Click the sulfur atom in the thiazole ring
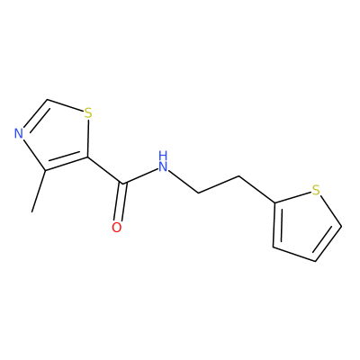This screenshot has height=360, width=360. pos(87,113)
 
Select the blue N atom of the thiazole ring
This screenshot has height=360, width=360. pos(19,133)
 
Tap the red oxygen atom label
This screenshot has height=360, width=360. pos(117,228)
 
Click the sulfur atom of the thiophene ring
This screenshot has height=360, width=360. pos(316,190)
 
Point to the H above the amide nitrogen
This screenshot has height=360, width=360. pos(163,155)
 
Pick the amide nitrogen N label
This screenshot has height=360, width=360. pos(163,166)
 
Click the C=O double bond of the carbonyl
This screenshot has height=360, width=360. pos(121,202)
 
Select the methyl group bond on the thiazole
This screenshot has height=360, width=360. pos(39,192)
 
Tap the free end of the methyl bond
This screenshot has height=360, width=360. pos(31,212)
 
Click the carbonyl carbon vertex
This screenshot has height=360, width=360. pos(122,184)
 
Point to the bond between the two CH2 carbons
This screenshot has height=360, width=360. pos(219,184)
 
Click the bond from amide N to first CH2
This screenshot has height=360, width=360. pos(184,182)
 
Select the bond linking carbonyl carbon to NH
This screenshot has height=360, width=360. pos(140,176)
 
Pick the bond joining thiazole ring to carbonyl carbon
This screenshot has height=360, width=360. pos(105,170)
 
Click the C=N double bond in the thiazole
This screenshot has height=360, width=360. pos(35,114)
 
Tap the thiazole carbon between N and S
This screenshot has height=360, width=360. pos(48,99)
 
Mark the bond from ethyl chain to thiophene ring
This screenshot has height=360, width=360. pos(256,190)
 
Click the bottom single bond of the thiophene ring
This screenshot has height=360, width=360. pos(294,254)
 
